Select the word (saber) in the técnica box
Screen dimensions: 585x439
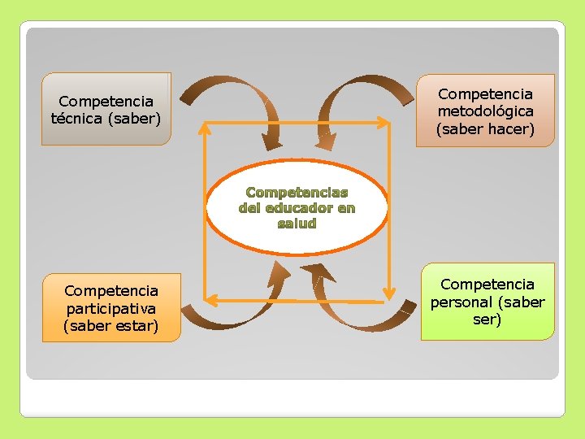[x=136, y=118]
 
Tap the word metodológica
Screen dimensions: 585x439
[x=486, y=111]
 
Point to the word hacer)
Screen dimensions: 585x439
[x=511, y=128]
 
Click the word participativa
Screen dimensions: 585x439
[x=111, y=308]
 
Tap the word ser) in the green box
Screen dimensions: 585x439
[x=487, y=319]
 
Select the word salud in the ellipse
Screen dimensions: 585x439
[x=297, y=223]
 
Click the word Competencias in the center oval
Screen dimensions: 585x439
[x=297, y=193]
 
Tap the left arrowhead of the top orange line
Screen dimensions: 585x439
[x=206, y=124]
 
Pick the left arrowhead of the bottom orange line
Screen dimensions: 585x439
[x=208, y=300]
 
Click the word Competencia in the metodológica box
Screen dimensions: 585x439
[x=486, y=94]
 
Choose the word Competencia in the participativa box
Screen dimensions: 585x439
[x=111, y=290]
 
